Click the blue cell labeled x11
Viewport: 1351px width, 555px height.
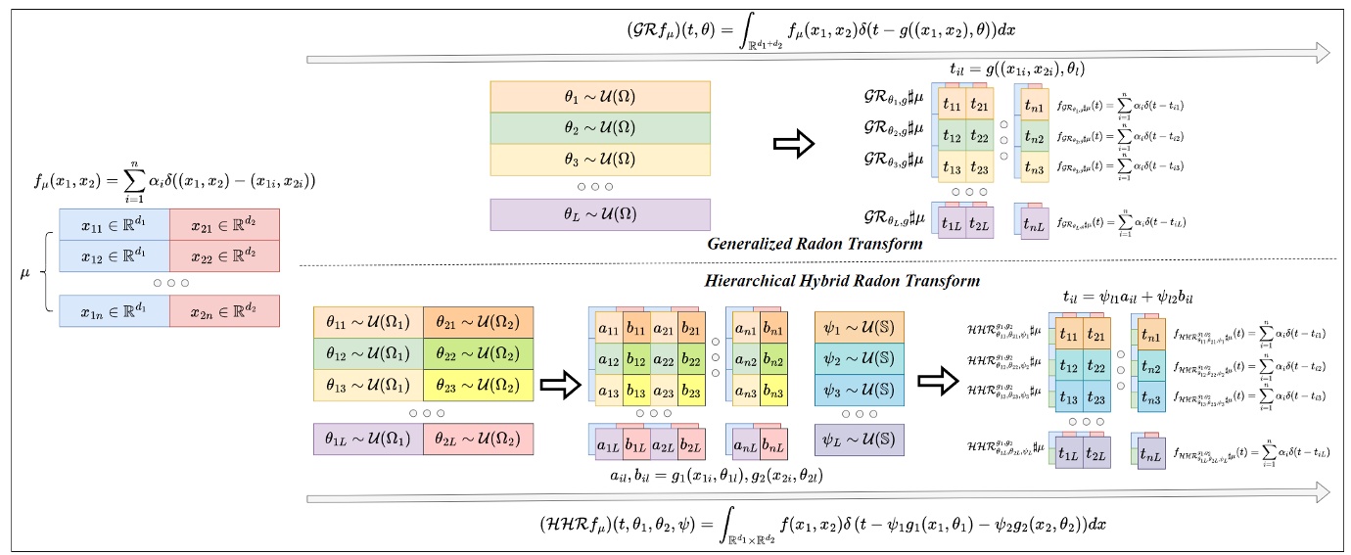click(x=113, y=223)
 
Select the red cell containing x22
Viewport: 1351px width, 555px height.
click(x=224, y=255)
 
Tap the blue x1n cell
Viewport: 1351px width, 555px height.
click(x=113, y=310)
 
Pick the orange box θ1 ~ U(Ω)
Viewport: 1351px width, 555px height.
click(x=598, y=97)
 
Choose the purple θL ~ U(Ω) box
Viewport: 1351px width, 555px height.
click(x=598, y=214)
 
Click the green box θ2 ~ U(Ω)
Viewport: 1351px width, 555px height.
click(x=598, y=129)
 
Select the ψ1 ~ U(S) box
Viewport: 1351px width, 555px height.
click(x=859, y=325)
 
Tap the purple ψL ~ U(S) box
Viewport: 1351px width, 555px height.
click(x=859, y=438)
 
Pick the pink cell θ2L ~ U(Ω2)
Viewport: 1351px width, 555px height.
click(x=478, y=439)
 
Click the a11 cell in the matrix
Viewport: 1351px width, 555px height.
click(x=608, y=329)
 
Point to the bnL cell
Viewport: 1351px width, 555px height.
click(x=772, y=449)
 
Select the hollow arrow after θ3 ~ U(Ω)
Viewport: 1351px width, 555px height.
click(x=793, y=145)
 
